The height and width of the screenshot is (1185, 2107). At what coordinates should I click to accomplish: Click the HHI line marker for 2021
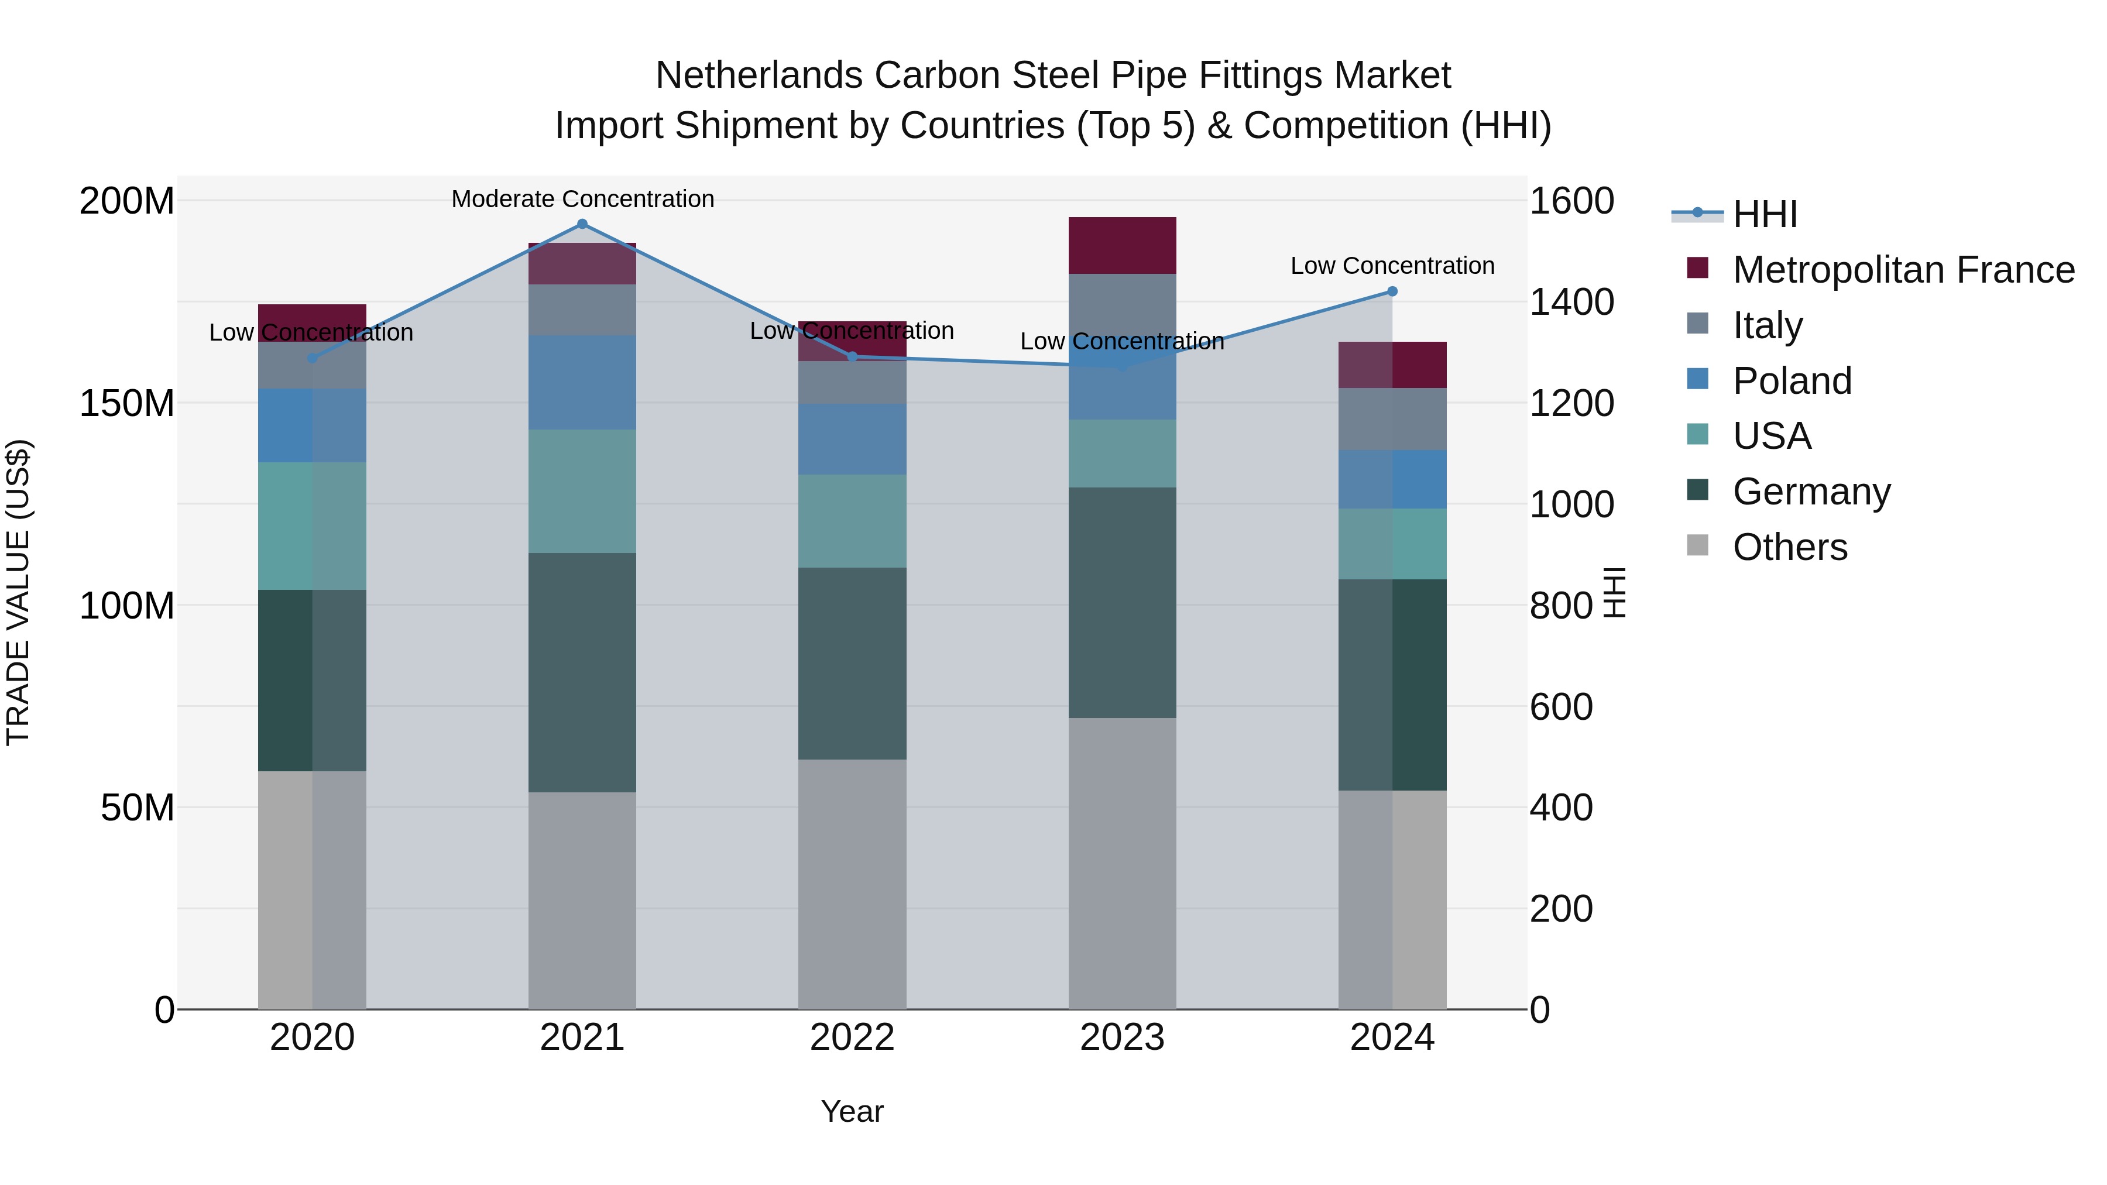point(582,224)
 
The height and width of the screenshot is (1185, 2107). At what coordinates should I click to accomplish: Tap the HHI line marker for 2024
point(1392,292)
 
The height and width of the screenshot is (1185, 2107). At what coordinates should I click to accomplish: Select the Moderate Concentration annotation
point(582,200)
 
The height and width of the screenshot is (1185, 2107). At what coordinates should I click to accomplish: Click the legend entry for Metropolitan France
point(1903,270)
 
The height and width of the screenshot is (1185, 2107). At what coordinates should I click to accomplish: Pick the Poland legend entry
point(1792,381)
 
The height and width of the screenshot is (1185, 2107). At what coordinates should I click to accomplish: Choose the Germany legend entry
point(1811,492)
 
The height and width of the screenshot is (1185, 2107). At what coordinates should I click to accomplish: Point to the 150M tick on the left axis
point(127,403)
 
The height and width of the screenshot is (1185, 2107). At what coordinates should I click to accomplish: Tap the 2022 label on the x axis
point(852,1038)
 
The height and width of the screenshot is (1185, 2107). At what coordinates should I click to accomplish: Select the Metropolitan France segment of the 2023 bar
point(1122,245)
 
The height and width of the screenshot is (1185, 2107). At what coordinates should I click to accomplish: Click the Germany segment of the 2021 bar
point(582,672)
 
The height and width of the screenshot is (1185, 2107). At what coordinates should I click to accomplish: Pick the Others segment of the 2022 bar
point(852,883)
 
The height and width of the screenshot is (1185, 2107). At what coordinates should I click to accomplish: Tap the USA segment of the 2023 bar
point(1122,454)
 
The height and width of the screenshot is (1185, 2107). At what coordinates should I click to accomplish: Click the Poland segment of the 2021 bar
point(582,382)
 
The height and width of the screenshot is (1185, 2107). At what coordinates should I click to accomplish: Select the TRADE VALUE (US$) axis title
point(18,592)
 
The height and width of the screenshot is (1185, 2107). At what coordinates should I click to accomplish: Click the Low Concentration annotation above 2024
point(1392,266)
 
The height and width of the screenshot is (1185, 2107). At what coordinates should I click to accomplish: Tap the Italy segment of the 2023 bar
point(1122,303)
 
